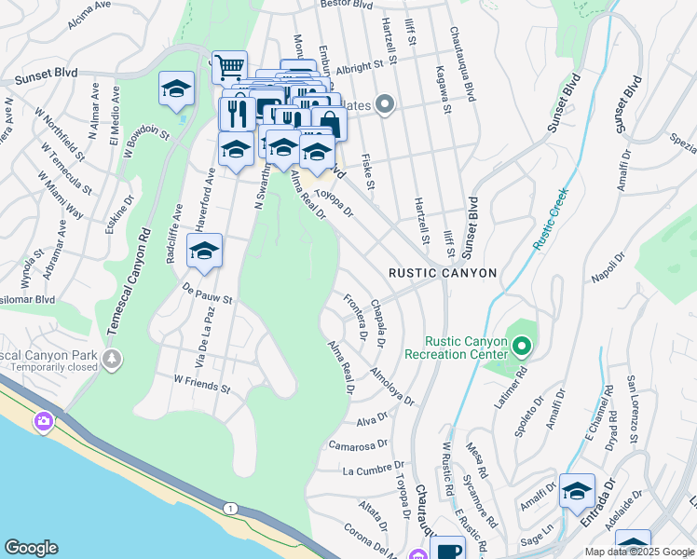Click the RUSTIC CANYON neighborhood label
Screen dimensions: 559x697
(x=443, y=272)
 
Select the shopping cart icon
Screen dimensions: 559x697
(x=229, y=66)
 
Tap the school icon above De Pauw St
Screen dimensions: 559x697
(x=205, y=250)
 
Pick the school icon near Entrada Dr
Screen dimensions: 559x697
(x=577, y=490)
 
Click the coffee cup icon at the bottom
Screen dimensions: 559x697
(x=447, y=551)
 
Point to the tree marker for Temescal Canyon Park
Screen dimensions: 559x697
(x=112, y=359)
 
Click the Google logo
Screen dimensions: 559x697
(x=32, y=548)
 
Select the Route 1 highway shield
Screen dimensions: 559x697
(x=229, y=508)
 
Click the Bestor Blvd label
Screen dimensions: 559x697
(x=347, y=5)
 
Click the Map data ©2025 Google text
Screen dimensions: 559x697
(x=639, y=552)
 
